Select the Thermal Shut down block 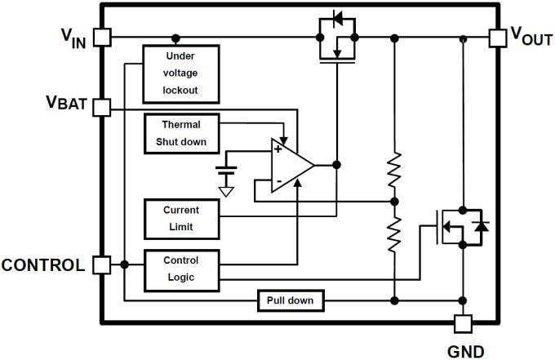pos(181,133)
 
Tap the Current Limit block pos(180,218)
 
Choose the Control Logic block pos(180,269)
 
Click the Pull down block pos(290,301)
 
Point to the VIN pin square pos(102,38)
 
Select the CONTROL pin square pos(102,264)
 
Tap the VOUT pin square pos(497,38)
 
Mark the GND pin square pos(464,323)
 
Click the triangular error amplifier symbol pos(291,166)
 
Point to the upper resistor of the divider pos(394,168)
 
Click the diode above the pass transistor pos(337,19)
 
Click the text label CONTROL pos(42,265)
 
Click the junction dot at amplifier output pos(336,165)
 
